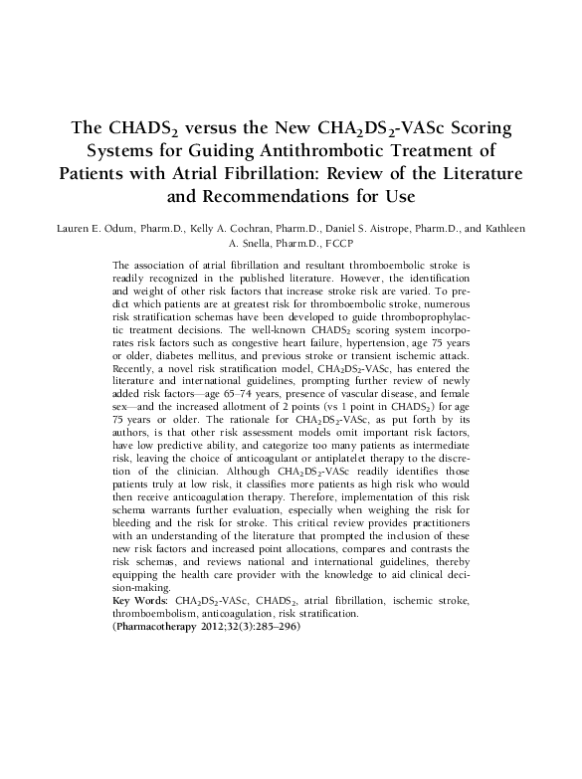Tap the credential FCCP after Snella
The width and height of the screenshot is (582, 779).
pos(333,243)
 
